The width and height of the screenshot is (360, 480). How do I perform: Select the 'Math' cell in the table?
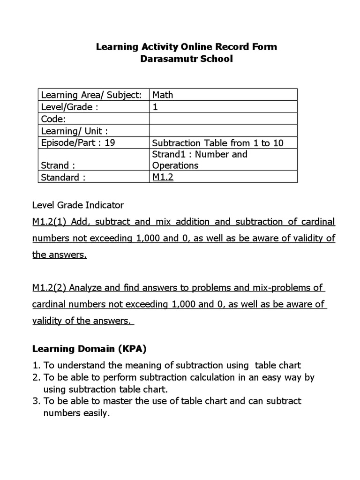tap(163, 95)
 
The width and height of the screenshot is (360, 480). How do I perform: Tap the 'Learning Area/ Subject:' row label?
tap(91, 95)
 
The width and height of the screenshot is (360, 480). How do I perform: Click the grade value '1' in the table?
tap(155, 107)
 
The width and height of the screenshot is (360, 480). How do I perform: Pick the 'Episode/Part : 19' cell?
tap(78, 143)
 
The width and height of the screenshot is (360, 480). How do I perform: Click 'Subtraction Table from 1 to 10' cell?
tap(218, 143)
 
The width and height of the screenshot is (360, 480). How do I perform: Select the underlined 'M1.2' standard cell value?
tap(163, 177)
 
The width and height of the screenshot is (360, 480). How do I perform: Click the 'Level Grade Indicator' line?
tap(78, 205)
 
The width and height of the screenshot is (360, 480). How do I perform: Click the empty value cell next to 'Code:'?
tap(223, 119)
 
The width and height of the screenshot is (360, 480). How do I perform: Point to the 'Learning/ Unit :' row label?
tap(75, 131)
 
